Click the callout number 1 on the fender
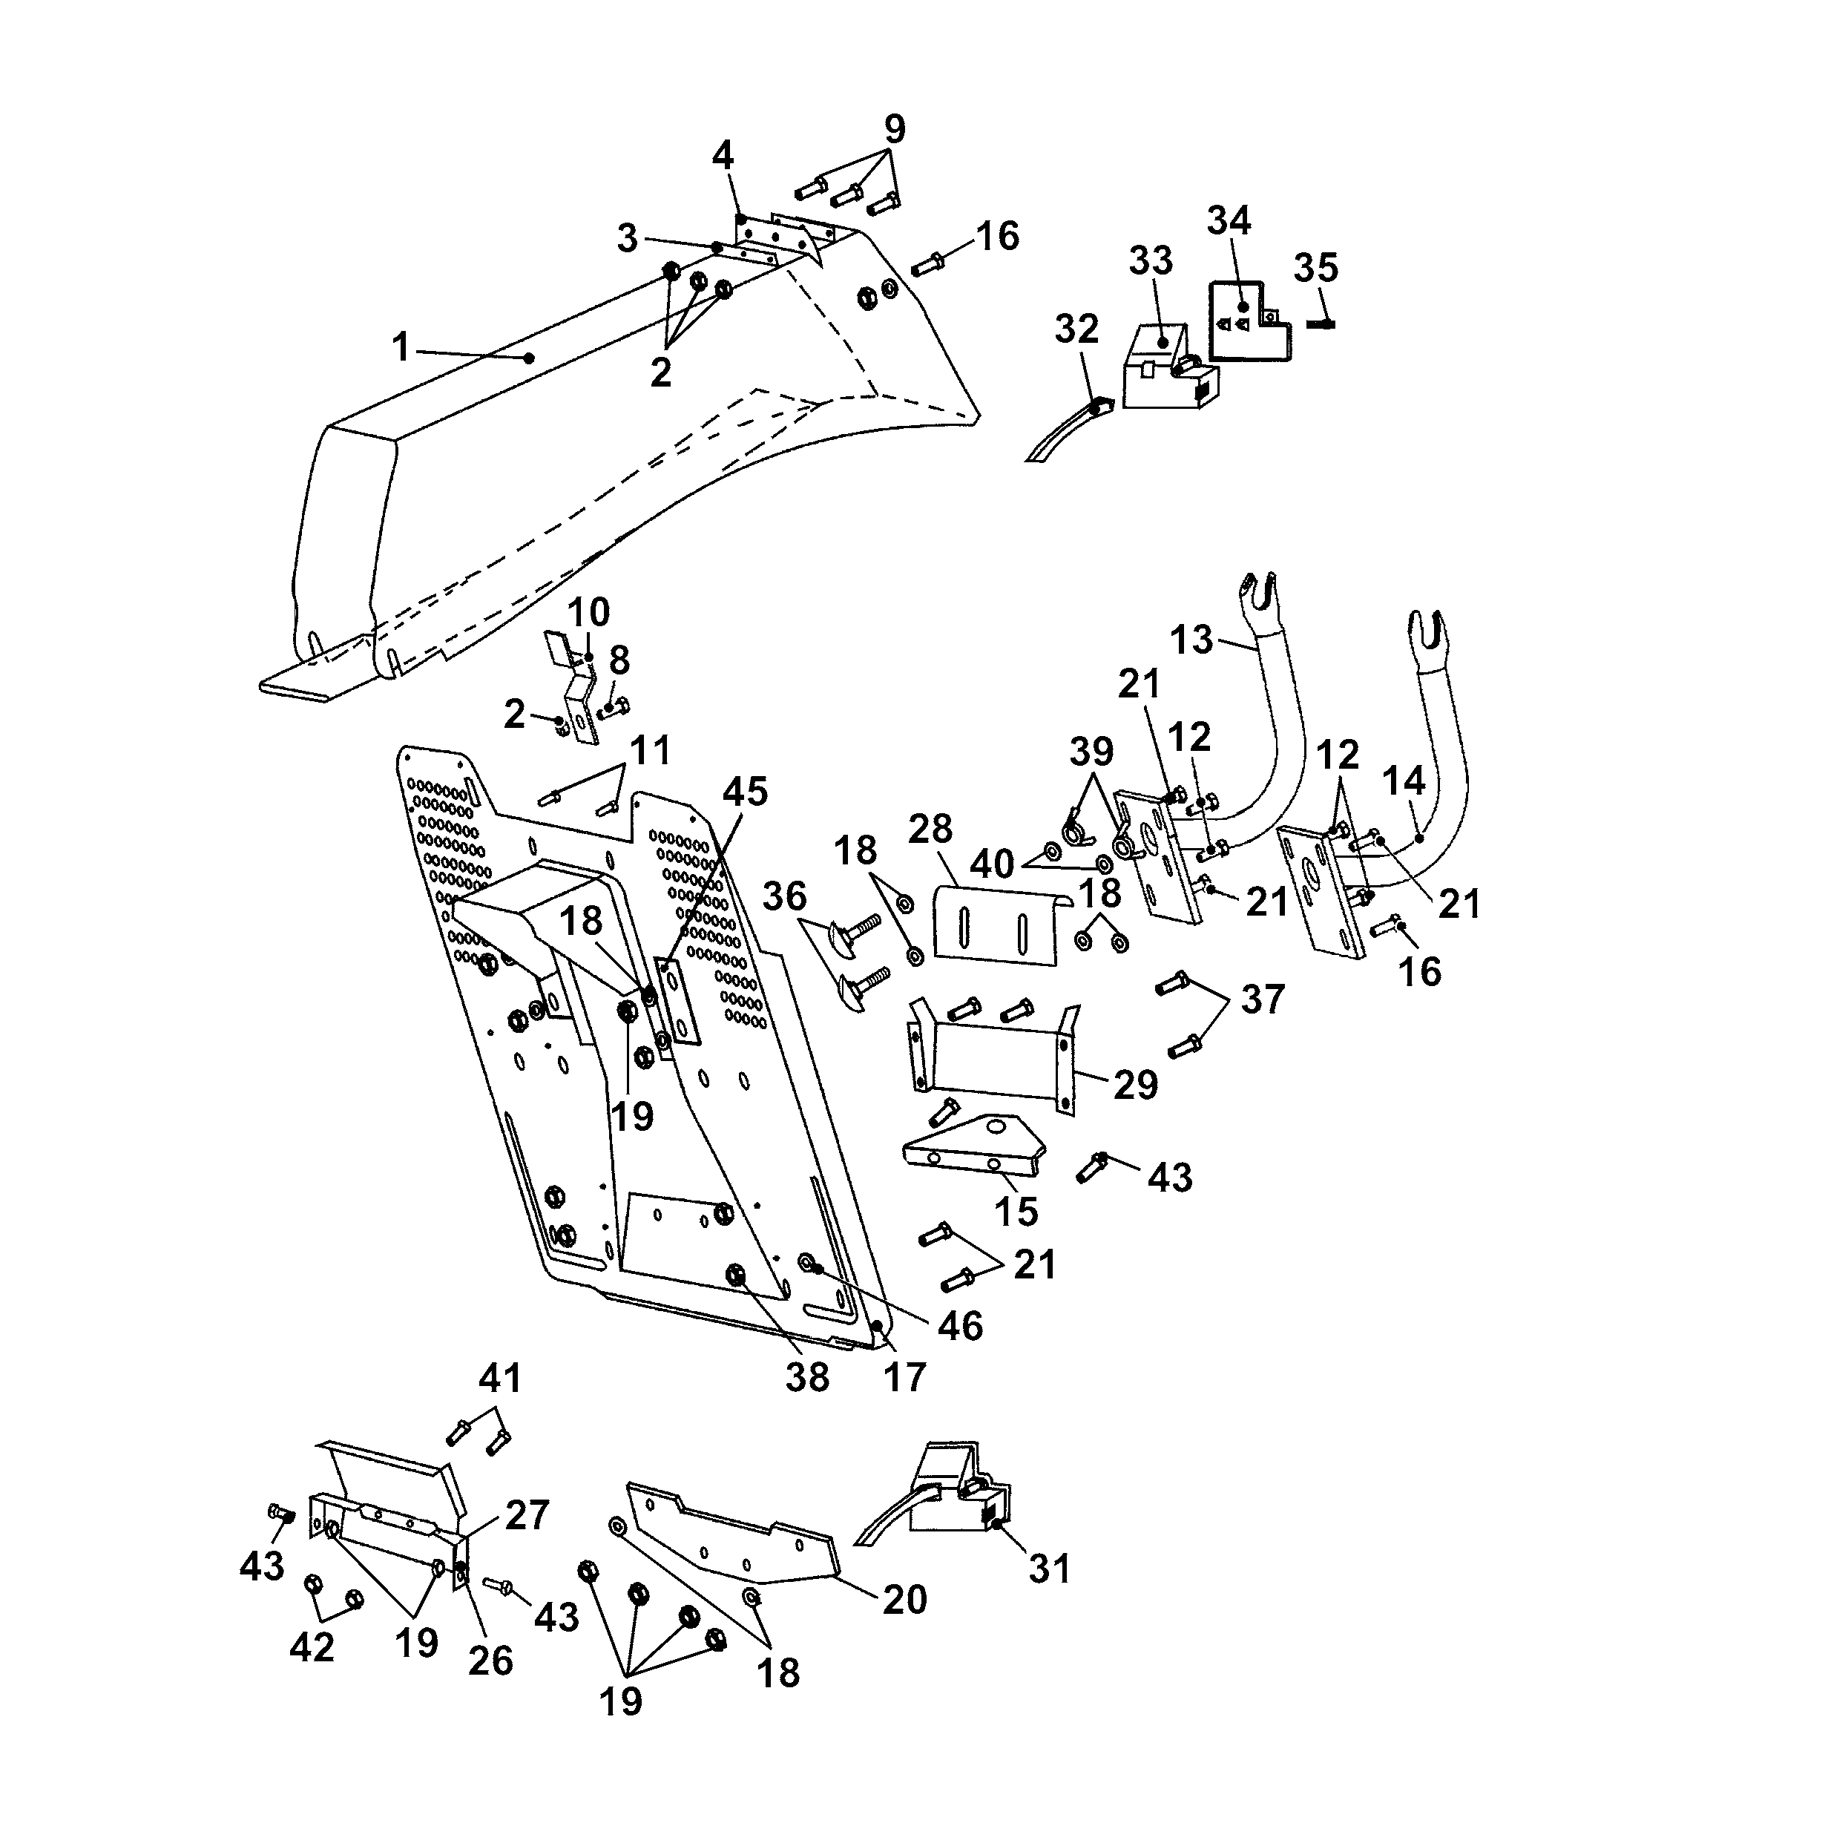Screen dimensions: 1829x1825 pos(401,347)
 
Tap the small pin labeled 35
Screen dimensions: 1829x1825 pos(1321,324)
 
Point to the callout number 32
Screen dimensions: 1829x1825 pos(1076,329)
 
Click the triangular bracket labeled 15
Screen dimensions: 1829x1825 pos(975,1143)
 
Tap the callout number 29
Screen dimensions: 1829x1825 pos(1135,1085)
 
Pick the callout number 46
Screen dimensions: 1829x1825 pos(960,1327)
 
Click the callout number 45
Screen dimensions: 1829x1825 pos(745,792)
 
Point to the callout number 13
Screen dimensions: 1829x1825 pos(1191,640)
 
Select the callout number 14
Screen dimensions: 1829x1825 pos(1403,781)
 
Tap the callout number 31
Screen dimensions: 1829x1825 pos(1049,1569)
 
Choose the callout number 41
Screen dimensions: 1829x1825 pos(500,1379)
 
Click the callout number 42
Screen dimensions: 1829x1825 pos(312,1648)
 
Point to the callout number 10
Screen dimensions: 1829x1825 pos(588,611)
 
